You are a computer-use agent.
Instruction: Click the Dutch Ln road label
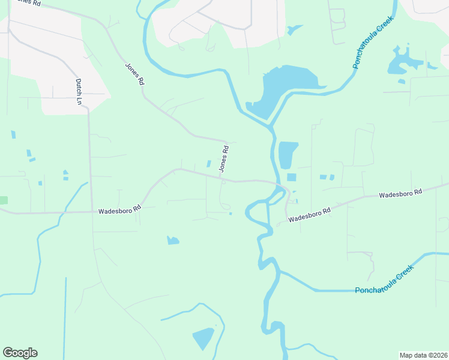pos(78,91)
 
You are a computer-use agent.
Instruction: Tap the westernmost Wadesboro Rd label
pos(119,210)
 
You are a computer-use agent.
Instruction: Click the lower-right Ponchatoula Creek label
pos(384,280)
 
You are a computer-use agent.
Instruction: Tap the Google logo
pos(20,353)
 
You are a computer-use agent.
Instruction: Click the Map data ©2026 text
pos(423,355)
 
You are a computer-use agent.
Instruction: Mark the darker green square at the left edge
pos(3,200)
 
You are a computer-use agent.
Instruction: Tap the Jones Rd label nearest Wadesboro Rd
pos(224,160)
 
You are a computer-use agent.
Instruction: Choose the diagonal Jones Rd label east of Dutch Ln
pos(134,73)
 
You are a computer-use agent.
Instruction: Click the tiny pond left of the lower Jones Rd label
pos(209,164)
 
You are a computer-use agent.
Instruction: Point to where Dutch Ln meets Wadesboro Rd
pos(91,211)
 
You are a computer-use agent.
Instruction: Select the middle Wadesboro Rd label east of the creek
pos(309,215)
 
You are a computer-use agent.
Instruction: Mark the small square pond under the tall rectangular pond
pos(292,177)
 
